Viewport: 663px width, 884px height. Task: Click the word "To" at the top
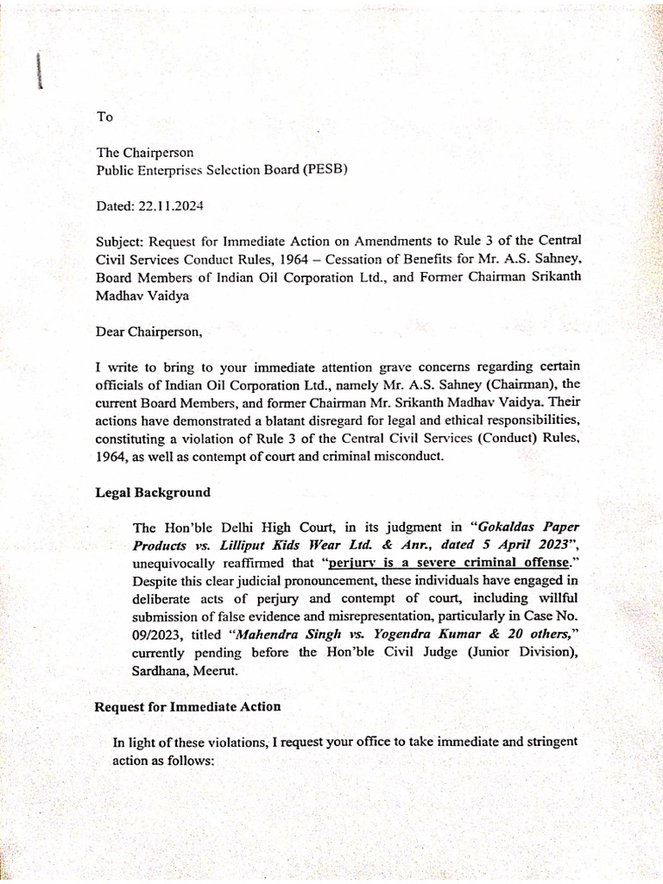tap(104, 117)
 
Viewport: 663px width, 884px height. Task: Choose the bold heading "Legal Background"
tap(153, 492)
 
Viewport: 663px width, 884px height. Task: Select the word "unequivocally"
tap(173, 563)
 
